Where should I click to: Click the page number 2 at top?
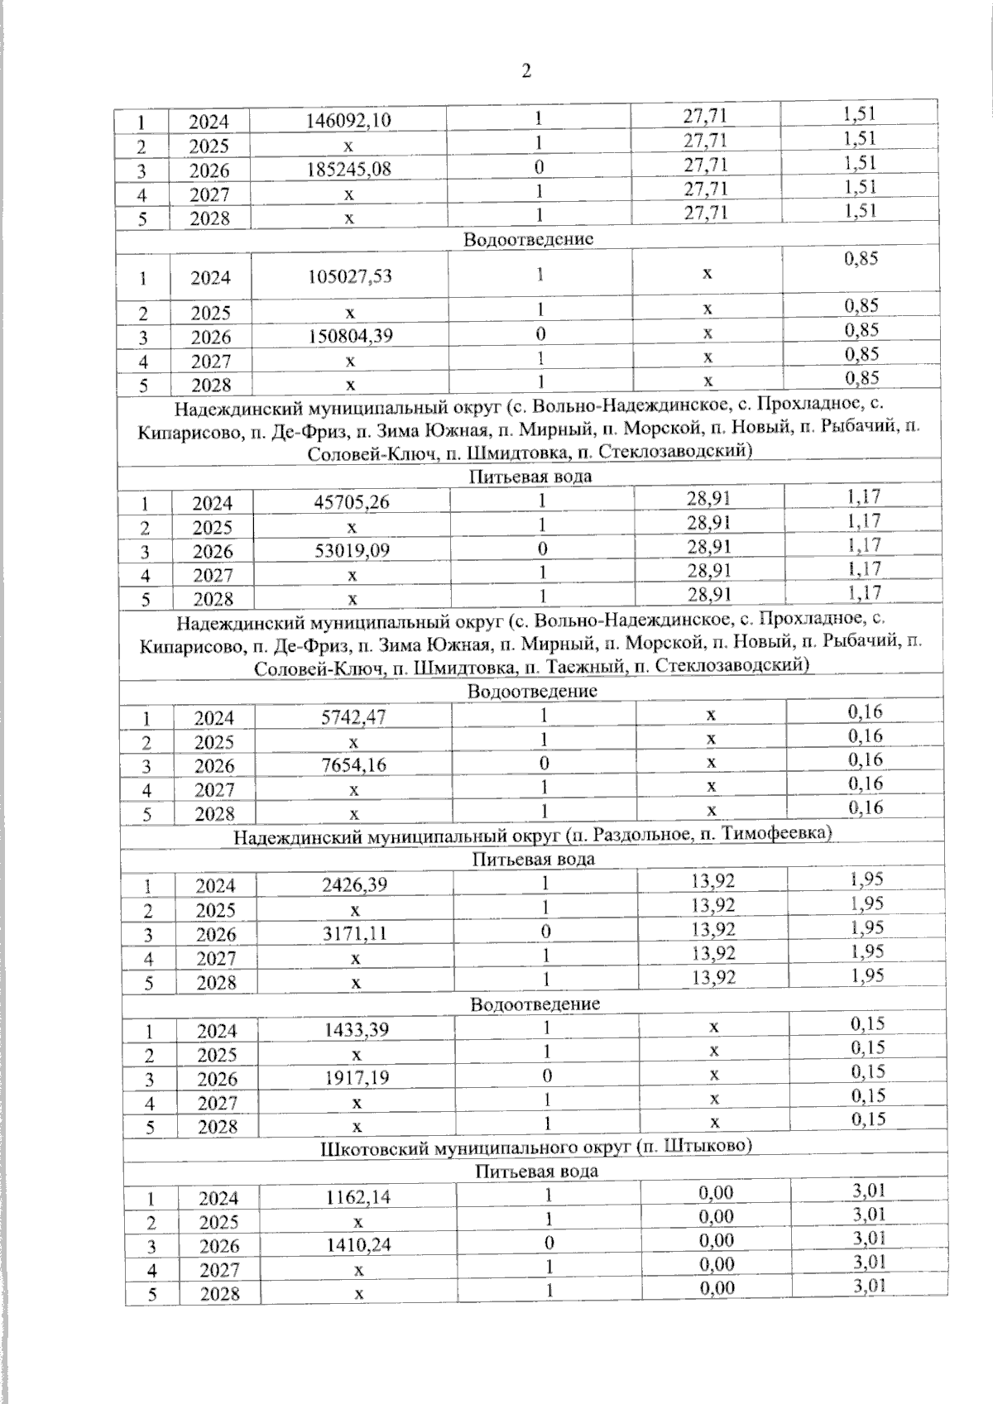click(526, 71)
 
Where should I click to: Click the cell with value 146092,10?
click(348, 122)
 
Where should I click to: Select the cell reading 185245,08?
click(348, 170)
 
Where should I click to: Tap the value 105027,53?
click(348, 276)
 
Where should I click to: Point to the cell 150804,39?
click(348, 337)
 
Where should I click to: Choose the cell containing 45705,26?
click(351, 503)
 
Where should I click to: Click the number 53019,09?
click(351, 551)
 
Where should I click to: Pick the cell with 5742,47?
click(353, 718)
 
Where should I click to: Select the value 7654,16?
click(353, 766)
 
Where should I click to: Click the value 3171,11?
click(354, 934)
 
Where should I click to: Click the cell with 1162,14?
click(357, 1198)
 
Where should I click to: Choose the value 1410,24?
click(357, 1246)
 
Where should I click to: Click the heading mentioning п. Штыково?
click(535, 1147)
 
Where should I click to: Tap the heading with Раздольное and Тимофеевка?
click(532, 836)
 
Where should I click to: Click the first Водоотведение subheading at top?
click(529, 239)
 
